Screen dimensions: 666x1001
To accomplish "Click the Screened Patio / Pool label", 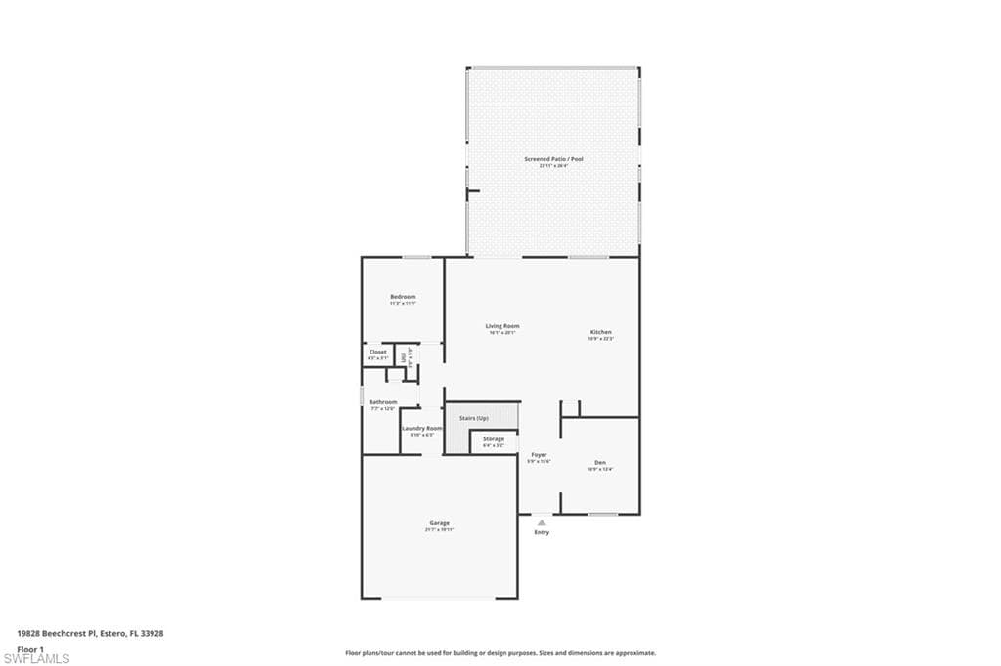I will coord(553,159).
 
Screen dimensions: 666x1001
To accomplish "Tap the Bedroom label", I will coord(403,297).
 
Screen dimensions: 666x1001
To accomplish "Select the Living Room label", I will coord(502,326).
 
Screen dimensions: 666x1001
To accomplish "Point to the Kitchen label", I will coord(600,332).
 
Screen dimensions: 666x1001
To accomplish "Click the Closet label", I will coord(377,352).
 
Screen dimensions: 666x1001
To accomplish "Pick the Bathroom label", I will coord(382,402).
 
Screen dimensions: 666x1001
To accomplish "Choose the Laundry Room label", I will coord(421,428).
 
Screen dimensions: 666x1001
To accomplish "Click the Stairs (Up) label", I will coord(474,418).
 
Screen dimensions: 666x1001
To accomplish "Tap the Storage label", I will coord(493,439).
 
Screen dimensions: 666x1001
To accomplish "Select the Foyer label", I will coord(539,455).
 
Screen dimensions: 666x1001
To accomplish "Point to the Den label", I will coord(600,462).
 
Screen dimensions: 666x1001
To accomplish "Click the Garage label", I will coord(439,523).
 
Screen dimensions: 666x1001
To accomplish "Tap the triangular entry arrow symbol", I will coord(542,522).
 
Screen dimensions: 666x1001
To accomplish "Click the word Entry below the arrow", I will coord(542,532).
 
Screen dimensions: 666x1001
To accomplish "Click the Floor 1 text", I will coord(30,648).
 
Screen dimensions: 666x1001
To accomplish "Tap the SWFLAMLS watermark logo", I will coord(36,658).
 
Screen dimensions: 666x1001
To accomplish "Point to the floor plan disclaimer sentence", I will coord(500,653).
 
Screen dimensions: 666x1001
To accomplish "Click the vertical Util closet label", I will coord(403,356).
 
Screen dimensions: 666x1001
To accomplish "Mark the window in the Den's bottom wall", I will coord(602,514).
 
